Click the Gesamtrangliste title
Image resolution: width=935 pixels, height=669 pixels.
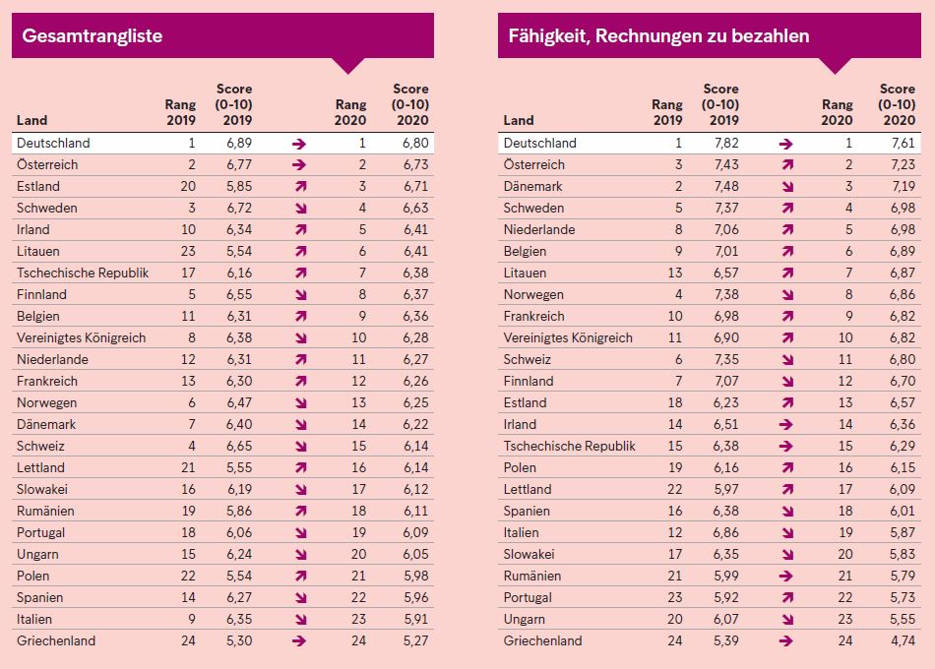coord(92,35)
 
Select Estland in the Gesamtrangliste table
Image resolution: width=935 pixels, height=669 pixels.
coord(38,187)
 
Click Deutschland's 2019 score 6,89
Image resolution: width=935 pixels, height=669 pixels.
coord(239,143)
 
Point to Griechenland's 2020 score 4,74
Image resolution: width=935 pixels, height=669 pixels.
coord(903,641)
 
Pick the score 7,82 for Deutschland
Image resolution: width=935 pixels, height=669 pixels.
coord(726,143)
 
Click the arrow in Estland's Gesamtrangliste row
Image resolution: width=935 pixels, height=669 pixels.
coord(300,187)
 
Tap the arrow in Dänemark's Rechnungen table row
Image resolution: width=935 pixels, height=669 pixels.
coord(787,187)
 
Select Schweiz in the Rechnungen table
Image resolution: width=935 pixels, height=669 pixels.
coord(528,359)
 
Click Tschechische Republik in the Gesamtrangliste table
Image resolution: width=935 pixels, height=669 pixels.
coord(83,274)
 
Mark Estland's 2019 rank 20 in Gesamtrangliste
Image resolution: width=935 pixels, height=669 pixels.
coord(188,187)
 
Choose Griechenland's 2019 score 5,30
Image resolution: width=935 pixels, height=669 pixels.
coord(239,641)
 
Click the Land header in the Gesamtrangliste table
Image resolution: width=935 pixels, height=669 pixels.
coord(31,120)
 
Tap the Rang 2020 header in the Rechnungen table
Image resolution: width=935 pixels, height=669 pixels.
coord(838,112)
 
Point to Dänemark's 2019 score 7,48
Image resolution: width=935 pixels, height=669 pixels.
coord(726,187)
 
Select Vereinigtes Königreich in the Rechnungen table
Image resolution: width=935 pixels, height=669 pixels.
coord(568,338)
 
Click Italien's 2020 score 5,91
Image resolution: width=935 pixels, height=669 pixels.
coord(415,620)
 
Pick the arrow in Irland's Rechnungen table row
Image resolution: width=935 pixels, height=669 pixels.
coord(786,425)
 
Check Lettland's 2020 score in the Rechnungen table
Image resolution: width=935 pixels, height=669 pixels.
coord(903,490)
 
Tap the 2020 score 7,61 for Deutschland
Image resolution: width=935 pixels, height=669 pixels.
coord(903,143)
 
